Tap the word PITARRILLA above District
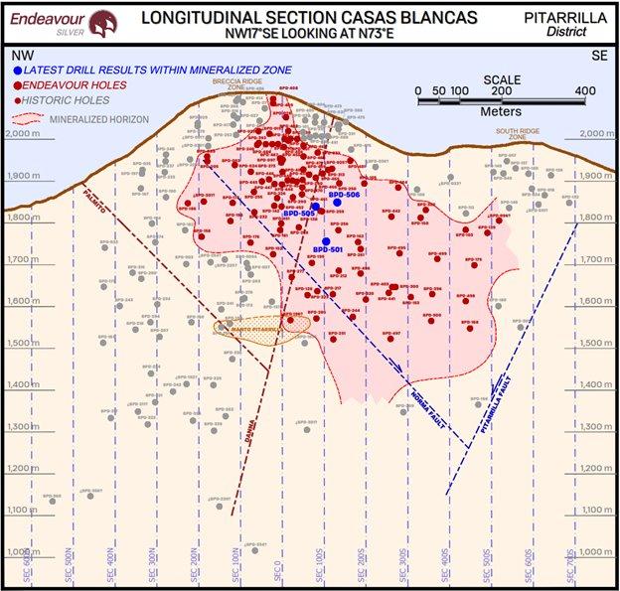(569, 16)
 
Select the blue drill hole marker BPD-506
(338, 202)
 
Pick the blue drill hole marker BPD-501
(326, 241)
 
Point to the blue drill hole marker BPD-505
(315, 207)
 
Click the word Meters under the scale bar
(501, 111)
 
